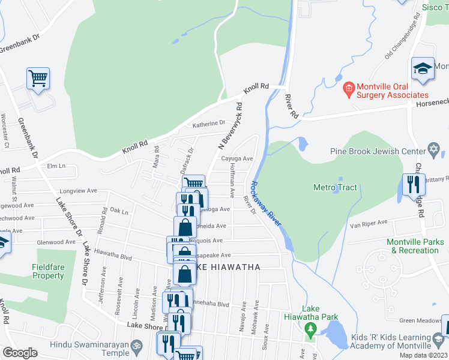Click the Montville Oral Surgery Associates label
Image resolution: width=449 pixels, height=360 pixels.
coord(393,90)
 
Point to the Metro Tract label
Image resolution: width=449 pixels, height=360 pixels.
coord(335,188)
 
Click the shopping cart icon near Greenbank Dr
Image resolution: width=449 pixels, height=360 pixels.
coord(38,78)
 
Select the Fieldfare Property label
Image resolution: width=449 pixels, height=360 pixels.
coord(48,271)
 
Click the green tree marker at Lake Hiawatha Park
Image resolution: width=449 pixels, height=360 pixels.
coord(310,329)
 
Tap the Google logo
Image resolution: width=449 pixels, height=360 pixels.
coord(20,353)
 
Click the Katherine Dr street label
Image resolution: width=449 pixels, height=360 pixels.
coord(208,124)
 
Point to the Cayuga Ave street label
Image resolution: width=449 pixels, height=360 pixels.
coord(237,159)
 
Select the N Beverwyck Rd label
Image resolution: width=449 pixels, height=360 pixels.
coord(231,126)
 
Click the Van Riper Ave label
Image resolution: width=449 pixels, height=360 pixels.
coord(370,226)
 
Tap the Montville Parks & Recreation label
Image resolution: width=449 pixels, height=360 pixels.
coord(415,246)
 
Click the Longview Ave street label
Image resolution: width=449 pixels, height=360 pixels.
coord(83,191)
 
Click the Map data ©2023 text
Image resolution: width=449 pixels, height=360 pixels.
coord(423,355)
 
